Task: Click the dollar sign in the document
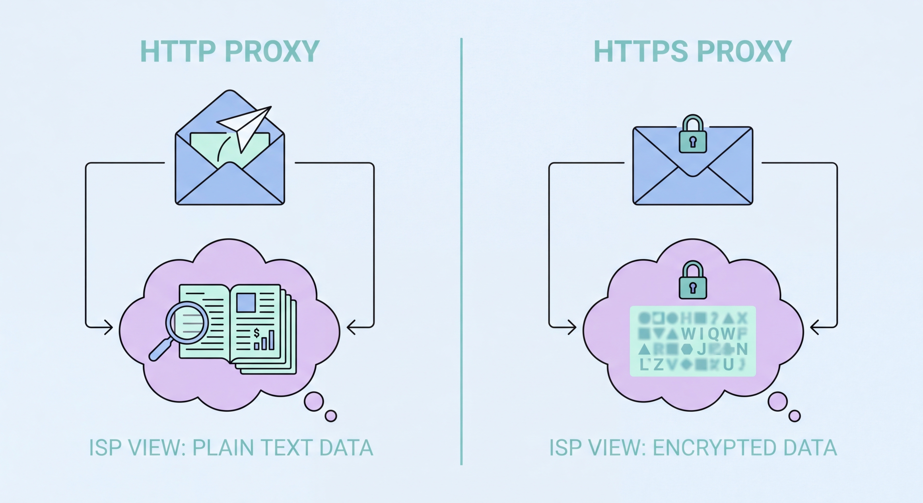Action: tap(257, 333)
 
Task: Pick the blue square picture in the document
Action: tap(246, 303)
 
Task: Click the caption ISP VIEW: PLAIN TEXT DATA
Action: tap(231, 448)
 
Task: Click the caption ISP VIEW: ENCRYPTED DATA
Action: tap(693, 448)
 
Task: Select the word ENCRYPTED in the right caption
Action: tap(715, 448)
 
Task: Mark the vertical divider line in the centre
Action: tap(461, 251)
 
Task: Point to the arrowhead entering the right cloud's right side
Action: tap(815, 327)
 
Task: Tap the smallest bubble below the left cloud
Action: tap(331, 416)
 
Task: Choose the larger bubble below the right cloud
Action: tap(777, 402)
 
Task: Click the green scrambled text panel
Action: tap(693, 341)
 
